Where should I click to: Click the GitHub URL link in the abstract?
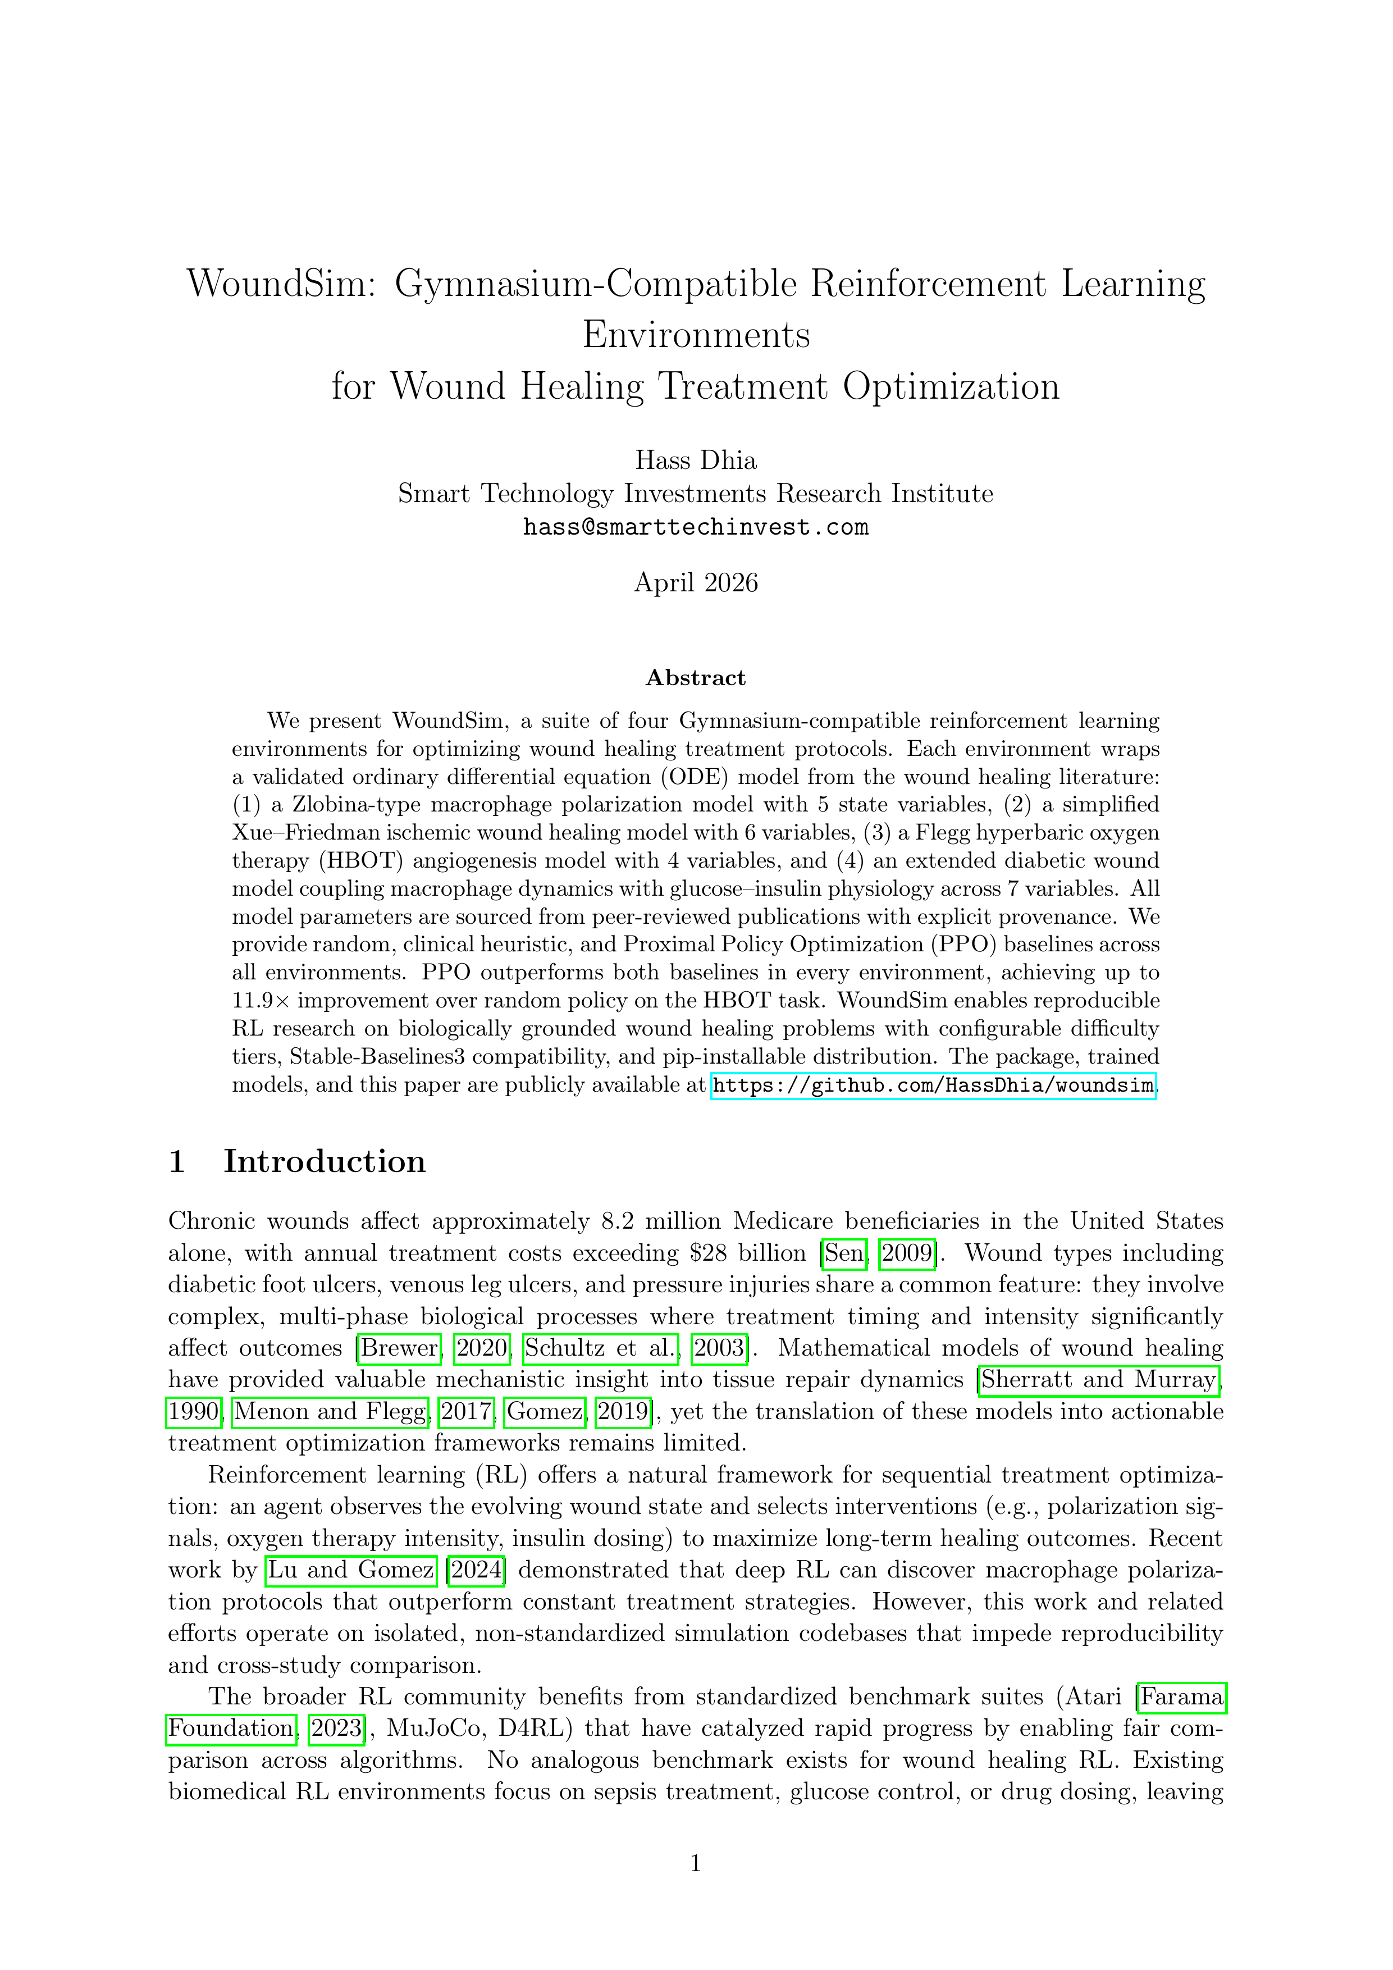tap(933, 1086)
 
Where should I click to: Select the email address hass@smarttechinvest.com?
tap(696, 527)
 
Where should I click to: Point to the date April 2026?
tap(696, 583)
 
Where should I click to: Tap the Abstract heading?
tap(696, 678)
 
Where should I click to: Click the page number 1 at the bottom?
tap(696, 1863)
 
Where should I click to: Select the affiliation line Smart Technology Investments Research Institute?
tap(696, 494)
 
